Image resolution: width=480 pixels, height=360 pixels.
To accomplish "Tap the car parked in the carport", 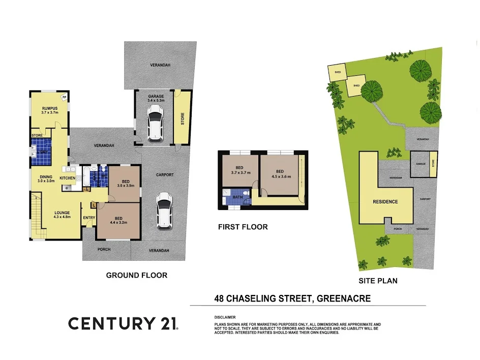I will click(164, 211).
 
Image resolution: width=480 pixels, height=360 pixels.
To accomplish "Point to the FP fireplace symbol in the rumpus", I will click(64, 97).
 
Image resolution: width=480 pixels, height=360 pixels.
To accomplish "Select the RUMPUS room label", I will click(49, 108).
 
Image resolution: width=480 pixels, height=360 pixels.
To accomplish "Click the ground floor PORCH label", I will click(104, 249).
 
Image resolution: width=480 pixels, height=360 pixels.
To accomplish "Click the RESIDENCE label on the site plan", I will click(385, 201).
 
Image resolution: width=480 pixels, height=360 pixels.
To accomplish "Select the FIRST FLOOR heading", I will click(243, 227).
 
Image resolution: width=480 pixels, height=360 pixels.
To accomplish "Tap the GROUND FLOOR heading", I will click(136, 275).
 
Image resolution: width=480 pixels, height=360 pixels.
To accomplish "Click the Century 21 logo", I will click(123, 323).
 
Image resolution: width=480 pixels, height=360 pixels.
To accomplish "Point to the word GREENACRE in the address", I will click(344, 299).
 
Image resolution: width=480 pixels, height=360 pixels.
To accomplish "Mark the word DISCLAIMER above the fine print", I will click(225, 317).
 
